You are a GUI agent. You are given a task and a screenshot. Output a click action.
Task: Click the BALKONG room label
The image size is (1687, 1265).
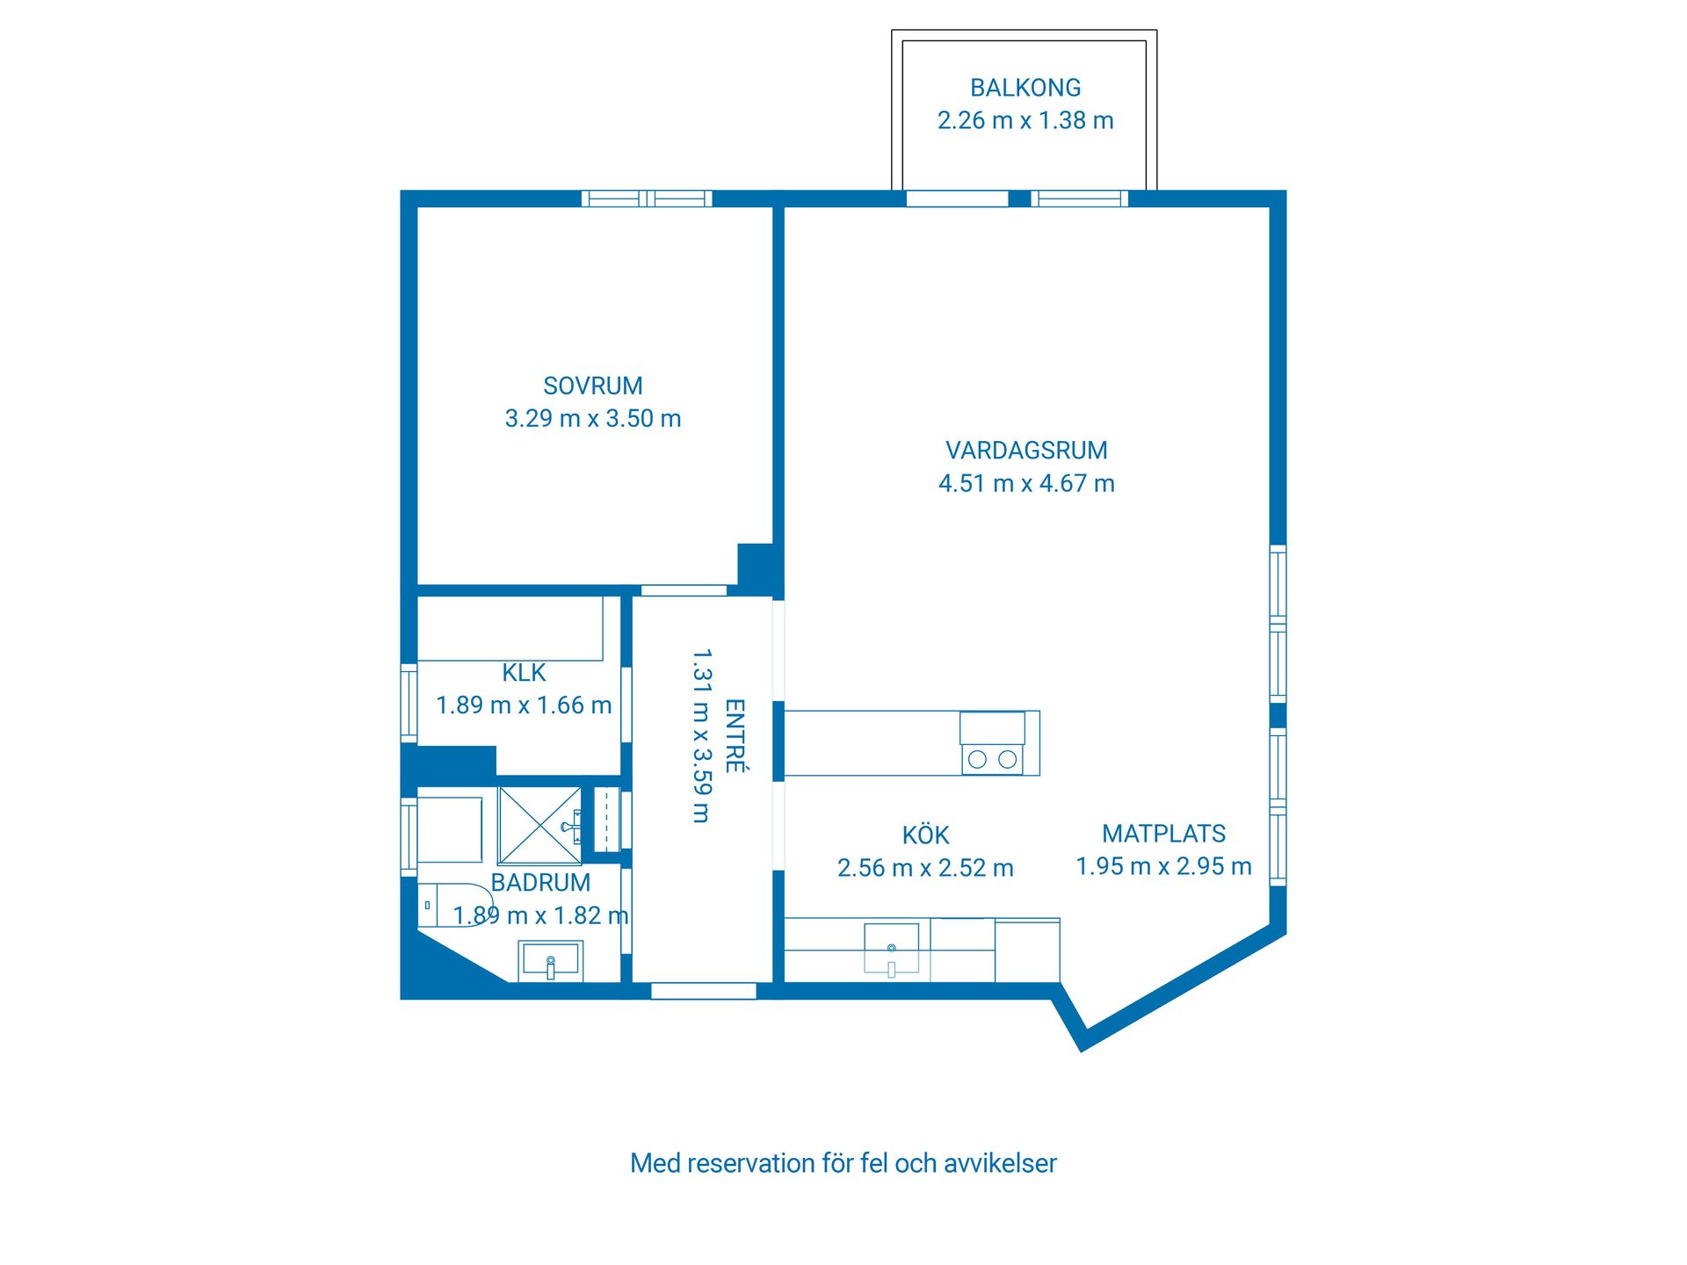[1025, 88]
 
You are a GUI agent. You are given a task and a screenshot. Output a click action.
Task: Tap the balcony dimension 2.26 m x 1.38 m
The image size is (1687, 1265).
[1025, 120]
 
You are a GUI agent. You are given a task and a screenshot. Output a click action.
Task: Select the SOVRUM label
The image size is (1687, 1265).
[593, 386]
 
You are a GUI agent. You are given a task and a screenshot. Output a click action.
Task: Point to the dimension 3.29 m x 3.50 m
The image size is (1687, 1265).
[593, 418]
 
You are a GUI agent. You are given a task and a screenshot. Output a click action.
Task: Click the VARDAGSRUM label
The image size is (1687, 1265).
[1026, 451]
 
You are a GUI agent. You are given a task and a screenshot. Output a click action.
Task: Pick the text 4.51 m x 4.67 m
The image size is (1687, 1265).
[1026, 483]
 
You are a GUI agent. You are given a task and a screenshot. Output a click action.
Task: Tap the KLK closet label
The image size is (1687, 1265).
[524, 673]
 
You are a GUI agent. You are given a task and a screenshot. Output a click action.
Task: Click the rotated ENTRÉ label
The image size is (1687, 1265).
[735, 736]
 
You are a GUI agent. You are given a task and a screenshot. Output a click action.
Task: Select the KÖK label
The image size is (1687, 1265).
[925, 835]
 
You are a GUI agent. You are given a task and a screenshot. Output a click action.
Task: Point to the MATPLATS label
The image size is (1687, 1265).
[1164, 834]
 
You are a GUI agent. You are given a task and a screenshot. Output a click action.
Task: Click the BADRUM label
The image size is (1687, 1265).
[540, 883]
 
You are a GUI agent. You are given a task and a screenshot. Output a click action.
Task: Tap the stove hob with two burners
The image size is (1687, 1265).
[992, 759]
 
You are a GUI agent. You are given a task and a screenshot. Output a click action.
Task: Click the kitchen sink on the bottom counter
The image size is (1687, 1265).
[891, 949]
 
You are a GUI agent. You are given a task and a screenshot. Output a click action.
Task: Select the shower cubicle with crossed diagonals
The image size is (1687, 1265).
[539, 826]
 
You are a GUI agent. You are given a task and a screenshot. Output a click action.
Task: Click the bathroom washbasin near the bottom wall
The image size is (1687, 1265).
[550, 959]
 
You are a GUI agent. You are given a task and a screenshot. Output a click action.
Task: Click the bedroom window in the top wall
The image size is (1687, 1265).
[647, 199]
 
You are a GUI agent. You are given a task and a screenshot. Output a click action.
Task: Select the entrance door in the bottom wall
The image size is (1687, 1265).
[703, 991]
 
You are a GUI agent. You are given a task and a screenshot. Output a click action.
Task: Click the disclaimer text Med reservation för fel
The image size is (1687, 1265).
[843, 1163]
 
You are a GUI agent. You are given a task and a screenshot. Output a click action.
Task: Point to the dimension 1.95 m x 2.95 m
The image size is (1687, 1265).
[1164, 866]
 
